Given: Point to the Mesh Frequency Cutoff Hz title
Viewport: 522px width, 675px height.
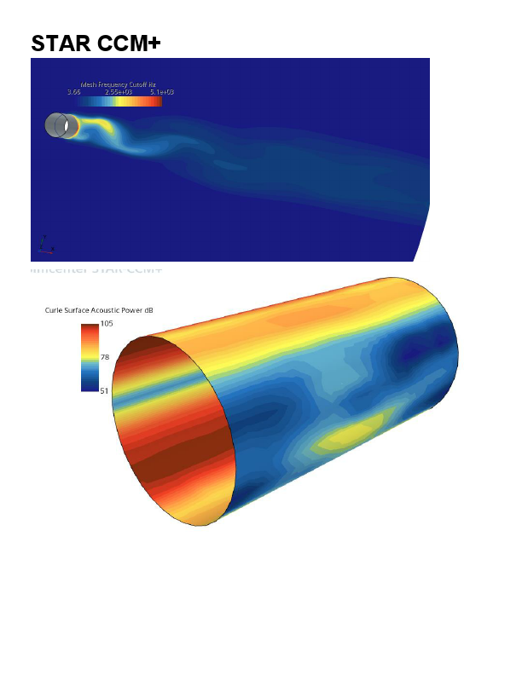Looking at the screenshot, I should pos(118,85).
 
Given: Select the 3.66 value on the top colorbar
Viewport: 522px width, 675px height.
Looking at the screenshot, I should pos(73,92).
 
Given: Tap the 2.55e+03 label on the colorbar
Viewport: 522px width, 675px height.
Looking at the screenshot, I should pos(118,92).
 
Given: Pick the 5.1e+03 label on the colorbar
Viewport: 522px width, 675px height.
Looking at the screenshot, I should pos(162,92).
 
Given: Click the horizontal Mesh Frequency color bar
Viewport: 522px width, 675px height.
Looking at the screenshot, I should pos(118,101).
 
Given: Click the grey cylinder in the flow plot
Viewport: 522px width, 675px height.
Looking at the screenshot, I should pos(60,125).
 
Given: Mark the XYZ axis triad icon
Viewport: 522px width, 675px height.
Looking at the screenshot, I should pos(47,246).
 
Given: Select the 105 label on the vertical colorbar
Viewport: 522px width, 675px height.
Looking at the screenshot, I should pos(107,324).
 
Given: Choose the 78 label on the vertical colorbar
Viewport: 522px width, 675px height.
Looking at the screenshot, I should pos(105,357).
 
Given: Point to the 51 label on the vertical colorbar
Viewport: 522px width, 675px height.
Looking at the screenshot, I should pos(105,390).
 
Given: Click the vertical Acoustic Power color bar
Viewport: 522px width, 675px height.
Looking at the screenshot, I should pos(90,357).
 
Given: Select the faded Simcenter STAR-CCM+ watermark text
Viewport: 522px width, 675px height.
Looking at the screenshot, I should pos(96,269).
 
